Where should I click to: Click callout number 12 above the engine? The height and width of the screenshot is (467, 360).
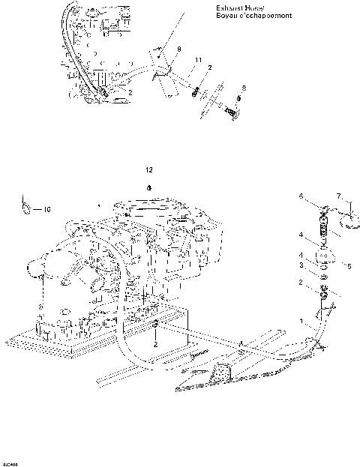pos(149,170)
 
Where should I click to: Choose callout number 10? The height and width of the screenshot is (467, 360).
pos(46,210)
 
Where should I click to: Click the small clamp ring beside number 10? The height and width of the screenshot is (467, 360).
pos(26,204)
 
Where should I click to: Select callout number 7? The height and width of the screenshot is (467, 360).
pos(339,196)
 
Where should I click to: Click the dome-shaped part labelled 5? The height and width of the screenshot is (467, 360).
pos(323,258)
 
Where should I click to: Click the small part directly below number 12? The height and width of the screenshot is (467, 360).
pos(149,186)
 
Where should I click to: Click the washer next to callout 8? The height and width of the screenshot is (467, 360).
pos(239,99)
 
